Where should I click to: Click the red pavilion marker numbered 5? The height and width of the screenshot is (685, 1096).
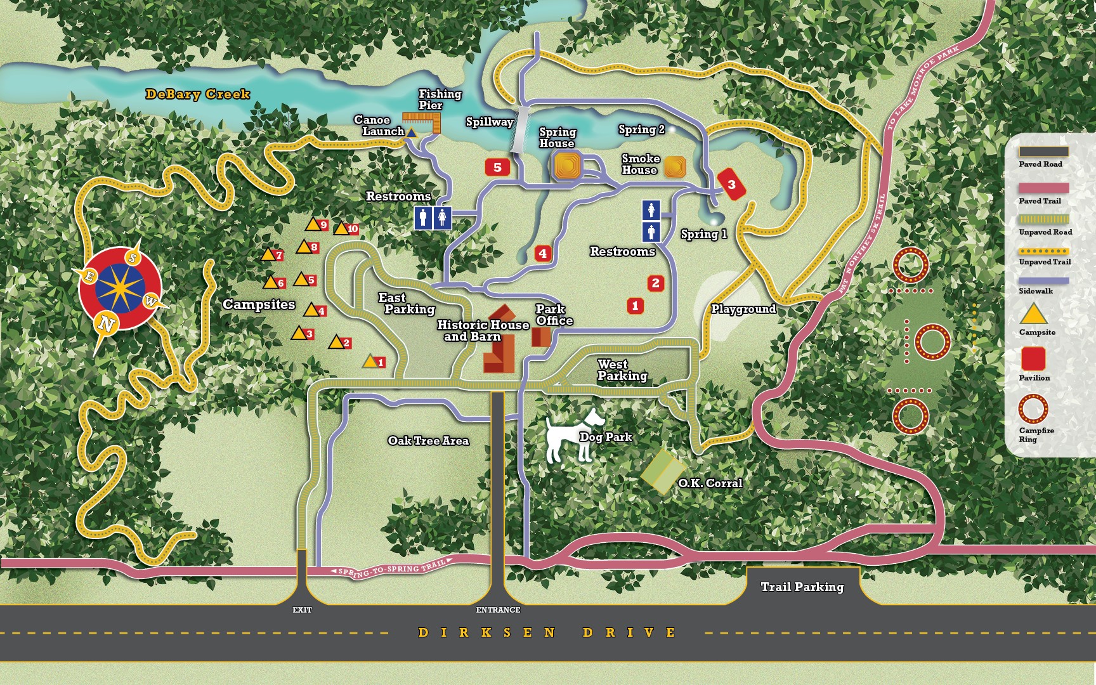click(497, 167)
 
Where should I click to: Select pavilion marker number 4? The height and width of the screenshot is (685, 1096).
click(542, 254)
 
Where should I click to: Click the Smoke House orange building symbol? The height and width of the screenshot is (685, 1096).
click(675, 167)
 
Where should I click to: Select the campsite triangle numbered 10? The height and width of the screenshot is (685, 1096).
click(342, 228)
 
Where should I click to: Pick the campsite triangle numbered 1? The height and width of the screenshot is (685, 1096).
click(370, 362)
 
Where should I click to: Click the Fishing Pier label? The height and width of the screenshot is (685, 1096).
click(440, 99)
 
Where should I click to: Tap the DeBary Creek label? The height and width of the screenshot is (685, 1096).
click(198, 95)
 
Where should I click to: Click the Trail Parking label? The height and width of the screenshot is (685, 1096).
click(802, 587)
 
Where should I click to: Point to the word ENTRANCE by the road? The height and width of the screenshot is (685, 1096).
click(498, 610)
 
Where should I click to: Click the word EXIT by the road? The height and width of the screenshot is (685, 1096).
click(302, 610)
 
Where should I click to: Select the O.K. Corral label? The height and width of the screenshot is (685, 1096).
click(710, 483)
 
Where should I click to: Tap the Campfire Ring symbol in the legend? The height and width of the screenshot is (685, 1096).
click(1033, 408)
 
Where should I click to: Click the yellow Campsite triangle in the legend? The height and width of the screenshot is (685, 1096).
click(1033, 315)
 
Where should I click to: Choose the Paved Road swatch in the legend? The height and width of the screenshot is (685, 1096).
click(1043, 152)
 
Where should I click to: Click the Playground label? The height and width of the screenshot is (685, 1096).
click(743, 309)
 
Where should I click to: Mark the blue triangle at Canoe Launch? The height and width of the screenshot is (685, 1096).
click(411, 133)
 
